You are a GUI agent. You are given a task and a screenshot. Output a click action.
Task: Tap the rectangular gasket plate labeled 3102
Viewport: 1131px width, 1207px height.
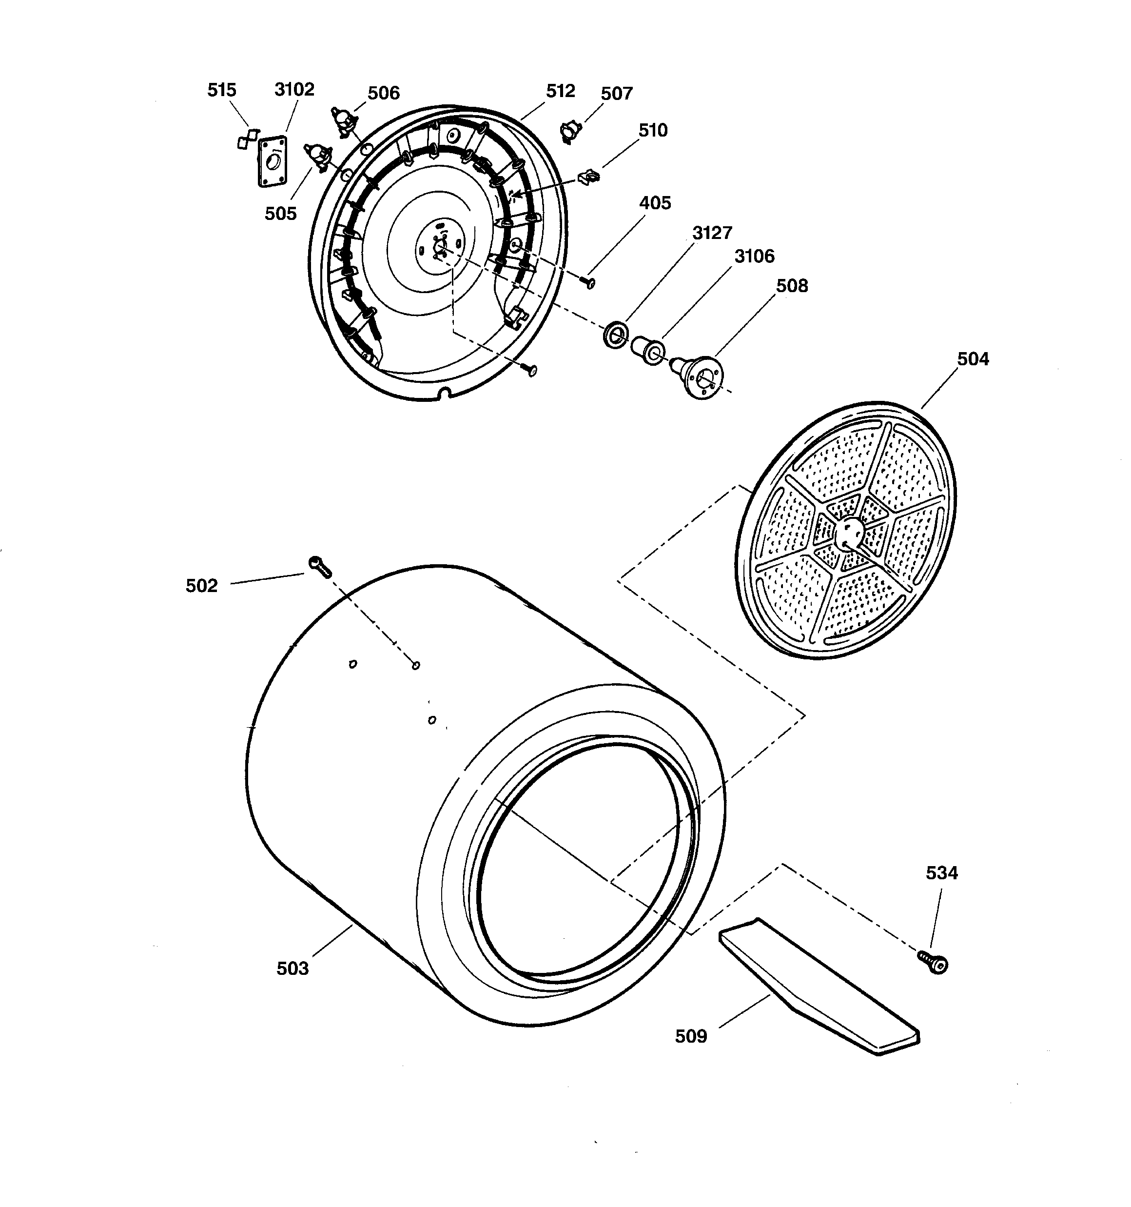(272, 161)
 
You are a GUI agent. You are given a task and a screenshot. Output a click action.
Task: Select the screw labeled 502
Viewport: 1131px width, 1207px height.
(320, 567)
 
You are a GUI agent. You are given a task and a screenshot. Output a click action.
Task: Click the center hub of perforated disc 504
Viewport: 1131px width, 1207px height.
(848, 533)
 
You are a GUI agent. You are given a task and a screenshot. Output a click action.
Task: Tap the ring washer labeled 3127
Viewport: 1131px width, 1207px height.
(616, 335)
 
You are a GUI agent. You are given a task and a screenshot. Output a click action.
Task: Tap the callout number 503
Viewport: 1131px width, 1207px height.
(292, 969)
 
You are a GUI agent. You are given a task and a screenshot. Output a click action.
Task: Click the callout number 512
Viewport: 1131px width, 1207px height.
(560, 91)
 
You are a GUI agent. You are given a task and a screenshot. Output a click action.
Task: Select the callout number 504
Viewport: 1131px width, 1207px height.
(973, 359)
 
